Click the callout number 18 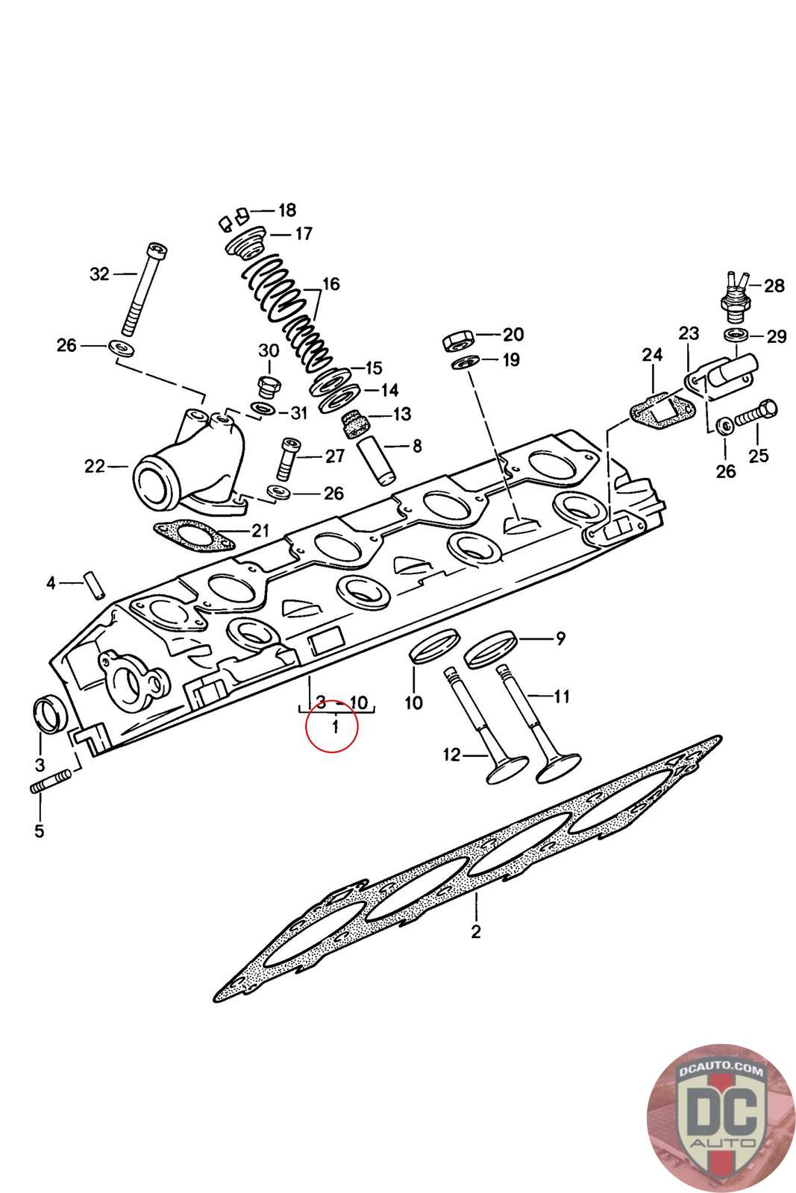287,210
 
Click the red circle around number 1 331,725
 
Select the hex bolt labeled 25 756,414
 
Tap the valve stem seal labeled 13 355,424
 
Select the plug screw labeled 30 268,387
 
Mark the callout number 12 451,755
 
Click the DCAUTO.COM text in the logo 721,1070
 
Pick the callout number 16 330,284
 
